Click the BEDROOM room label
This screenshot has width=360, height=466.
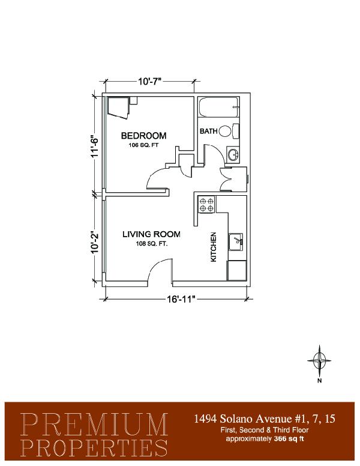tap(143, 136)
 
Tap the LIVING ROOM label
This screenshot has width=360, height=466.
tap(151, 234)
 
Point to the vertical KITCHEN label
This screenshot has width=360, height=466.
tap(213, 247)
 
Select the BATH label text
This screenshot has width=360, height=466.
tap(209, 131)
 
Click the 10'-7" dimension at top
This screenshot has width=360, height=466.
tap(150, 81)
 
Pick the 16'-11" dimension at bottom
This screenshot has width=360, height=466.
tap(181, 299)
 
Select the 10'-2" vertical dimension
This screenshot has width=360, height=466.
tap(94, 242)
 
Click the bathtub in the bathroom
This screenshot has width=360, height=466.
tap(219, 107)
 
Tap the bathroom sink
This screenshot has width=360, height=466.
tap(233, 154)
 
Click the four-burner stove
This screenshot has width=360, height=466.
tap(207, 204)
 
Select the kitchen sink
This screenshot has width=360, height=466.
tap(236, 242)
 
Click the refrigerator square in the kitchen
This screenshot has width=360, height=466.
tap(237, 270)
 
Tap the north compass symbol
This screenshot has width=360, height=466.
tap(319, 360)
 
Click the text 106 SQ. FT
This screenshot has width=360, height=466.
tap(144, 145)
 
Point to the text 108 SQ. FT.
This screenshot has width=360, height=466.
tap(152, 244)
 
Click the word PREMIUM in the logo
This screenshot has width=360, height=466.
tap(94, 425)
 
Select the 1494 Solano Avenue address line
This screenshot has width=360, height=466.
tap(265, 419)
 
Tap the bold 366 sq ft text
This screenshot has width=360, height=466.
tap(289, 438)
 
